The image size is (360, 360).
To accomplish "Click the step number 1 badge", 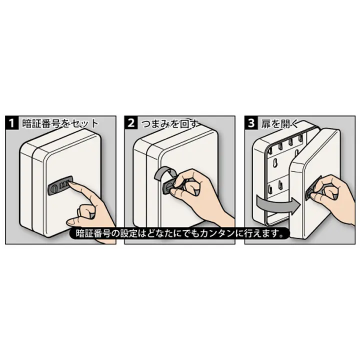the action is pyautogui.click(x=11, y=122).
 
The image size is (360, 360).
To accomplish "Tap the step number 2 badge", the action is pyautogui.click(x=131, y=122).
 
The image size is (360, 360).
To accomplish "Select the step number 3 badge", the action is pyautogui.click(x=251, y=122).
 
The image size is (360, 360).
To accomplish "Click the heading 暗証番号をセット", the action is pyautogui.click(x=60, y=123).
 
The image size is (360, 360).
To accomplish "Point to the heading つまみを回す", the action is pyautogui.click(x=170, y=123).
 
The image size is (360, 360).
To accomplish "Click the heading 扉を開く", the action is pyautogui.click(x=279, y=124).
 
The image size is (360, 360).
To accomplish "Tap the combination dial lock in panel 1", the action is pyautogui.click(x=60, y=185).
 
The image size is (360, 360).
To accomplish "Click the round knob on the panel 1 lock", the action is pyautogui.click(x=53, y=187).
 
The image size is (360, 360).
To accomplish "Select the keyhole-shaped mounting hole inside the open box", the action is pyautogui.click(x=274, y=163).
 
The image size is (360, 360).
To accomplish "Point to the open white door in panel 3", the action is pyautogui.click(x=315, y=183).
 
